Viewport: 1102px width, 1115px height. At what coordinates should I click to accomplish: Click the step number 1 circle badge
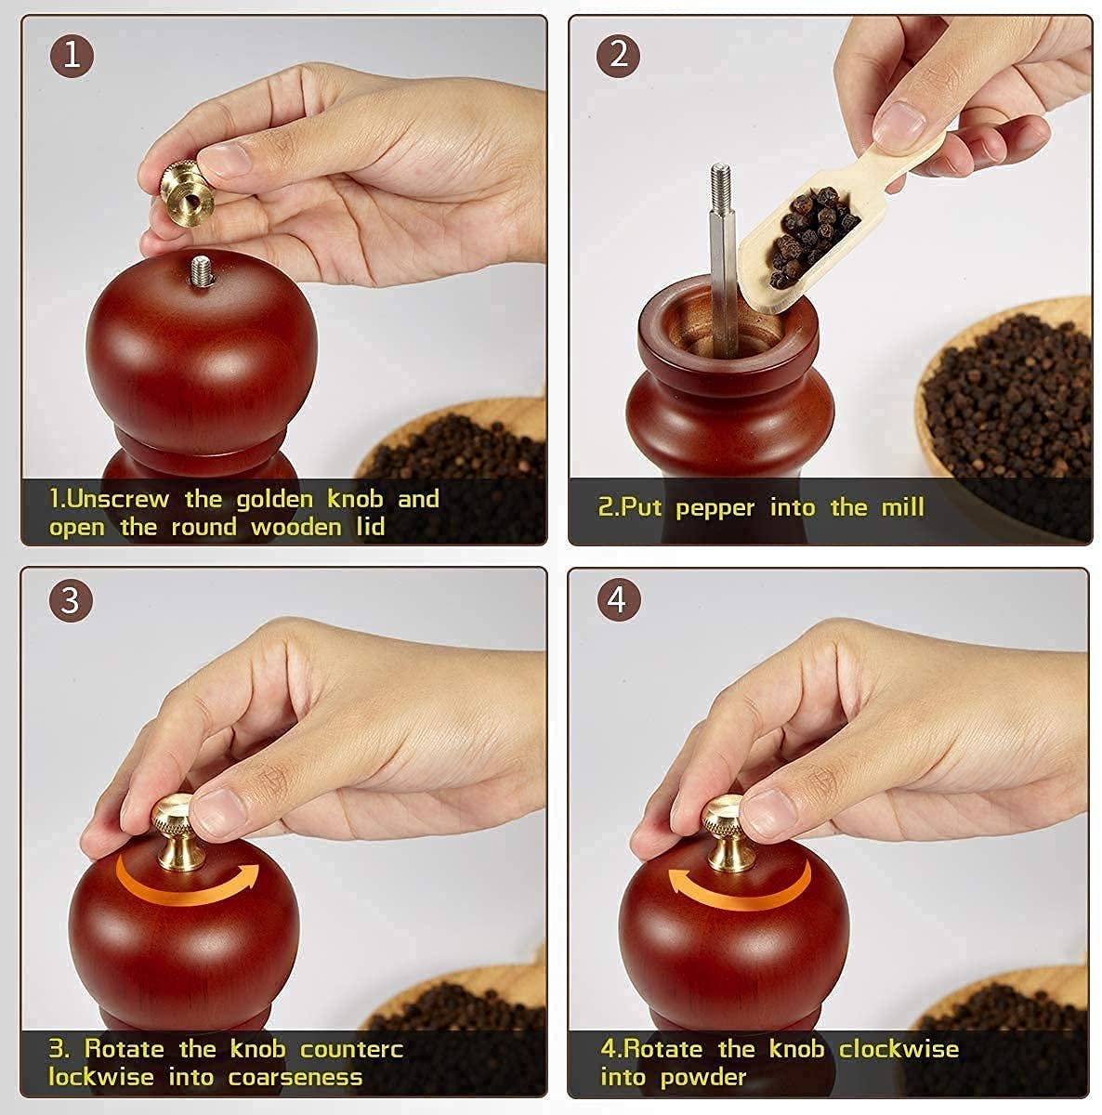pyautogui.click(x=72, y=55)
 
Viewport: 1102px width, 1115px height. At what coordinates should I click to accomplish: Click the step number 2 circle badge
pyautogui.click(x=619, y=55)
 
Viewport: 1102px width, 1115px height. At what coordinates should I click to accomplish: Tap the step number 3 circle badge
pyautogui.click(x=72, y=601)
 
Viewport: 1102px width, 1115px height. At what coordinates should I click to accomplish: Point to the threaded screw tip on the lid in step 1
pyautogui.click(x=199, y=270)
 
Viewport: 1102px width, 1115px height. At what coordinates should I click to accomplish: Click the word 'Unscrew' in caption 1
pyautogui.click(x=119, y=499)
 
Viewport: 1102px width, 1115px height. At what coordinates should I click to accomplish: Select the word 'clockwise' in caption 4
pyautogui.click(x=899, y=1049)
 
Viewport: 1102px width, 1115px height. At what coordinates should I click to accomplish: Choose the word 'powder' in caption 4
pyautogui.click(x=703, y=1078)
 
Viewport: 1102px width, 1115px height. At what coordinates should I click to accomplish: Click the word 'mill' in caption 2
pyautogui.click(x=902, y=507)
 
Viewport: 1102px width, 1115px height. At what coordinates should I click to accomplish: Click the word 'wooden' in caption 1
pyautogui.click(x=295, y=528)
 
